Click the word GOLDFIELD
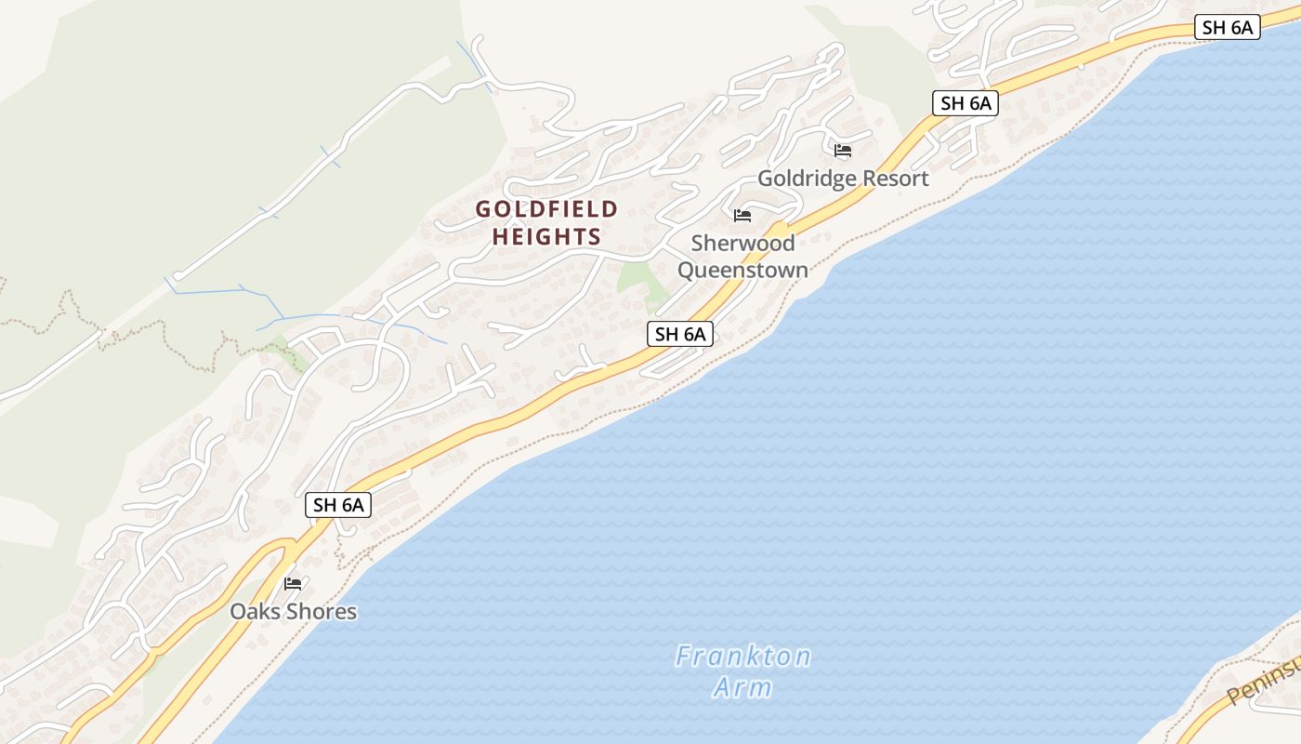546,208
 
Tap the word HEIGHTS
546,237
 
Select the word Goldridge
804,179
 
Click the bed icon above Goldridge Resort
843,150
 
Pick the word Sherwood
742,244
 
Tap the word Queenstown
742,271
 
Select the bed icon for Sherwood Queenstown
742,216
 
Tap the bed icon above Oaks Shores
293,584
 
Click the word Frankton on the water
742,657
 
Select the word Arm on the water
742,688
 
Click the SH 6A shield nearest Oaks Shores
338,505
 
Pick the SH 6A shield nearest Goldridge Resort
966,103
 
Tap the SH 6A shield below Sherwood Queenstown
680,335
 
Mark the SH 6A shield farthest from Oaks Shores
1227,27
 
